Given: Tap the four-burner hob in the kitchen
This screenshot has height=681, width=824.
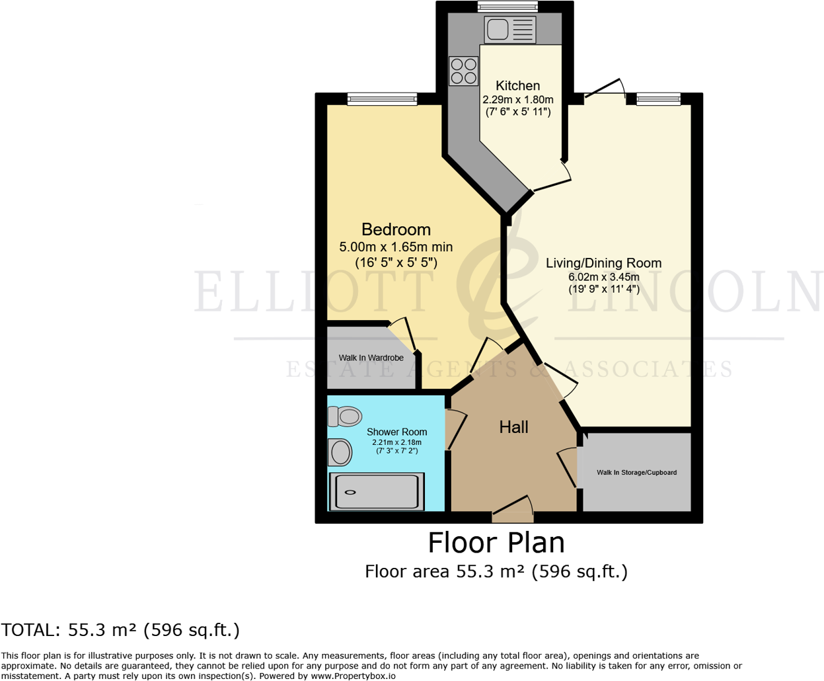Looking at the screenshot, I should pyautogui.click(x=463, y=71).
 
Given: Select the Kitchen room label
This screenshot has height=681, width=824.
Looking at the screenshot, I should pyautogui.click(x=517, y=86).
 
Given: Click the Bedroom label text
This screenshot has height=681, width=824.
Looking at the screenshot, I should pyautogui.click(x=396, y=229).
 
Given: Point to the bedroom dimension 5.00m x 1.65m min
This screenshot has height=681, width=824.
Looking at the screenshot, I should pyautogui.click(x=396, y=247).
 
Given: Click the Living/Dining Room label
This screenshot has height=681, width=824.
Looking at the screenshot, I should pyautogui.click(x=603, y=263).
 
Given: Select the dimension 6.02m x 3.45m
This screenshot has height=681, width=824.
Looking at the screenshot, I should pyautogui.click(x=603, y=277).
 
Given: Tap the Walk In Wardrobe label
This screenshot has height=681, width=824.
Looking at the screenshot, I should pyautogui.click(x=371, y=358).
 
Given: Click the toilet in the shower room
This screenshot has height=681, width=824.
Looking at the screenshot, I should pyautogui.click(x=345, y=417).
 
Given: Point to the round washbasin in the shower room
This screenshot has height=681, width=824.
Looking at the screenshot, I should pyautogui.click(x=340, y=453).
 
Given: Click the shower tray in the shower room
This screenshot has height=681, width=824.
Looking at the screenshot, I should pyautogui.click(x=376, y=491).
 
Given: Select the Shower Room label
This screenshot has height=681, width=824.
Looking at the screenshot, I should pyautogui.click(x=396, y=432).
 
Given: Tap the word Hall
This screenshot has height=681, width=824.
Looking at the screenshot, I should pyautogui.click(x=513, y=427).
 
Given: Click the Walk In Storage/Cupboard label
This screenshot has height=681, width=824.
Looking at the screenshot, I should pyautogui.click(x=636, y=473).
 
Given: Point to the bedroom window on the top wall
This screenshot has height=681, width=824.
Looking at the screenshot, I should pyautogui.click(x=382, y=99).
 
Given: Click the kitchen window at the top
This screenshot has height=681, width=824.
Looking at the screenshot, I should pyautogui.click(x=507, y=7).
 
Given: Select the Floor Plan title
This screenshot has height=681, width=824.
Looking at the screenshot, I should pyautogui.click(x=496, y=543).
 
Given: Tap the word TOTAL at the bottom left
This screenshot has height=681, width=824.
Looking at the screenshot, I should pyautogui.click(x=30, y=630).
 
